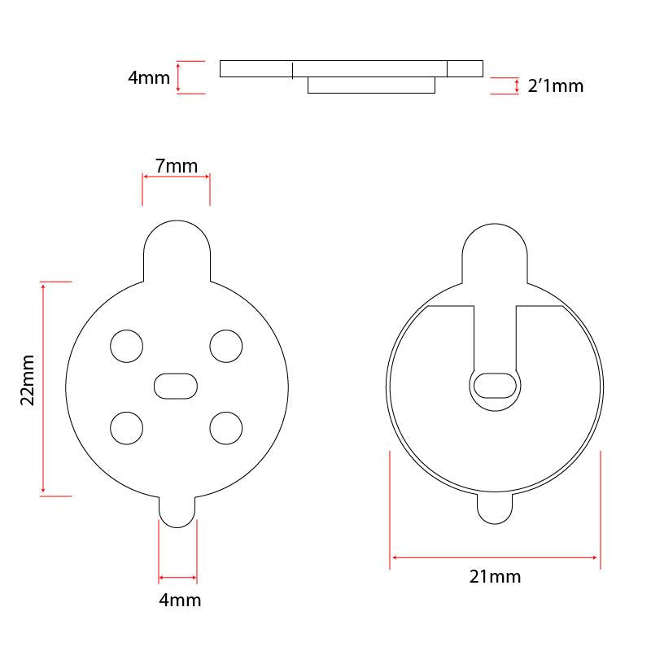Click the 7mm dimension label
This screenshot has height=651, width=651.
(x=177, y=167)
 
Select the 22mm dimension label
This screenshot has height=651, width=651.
(x=27, y=380)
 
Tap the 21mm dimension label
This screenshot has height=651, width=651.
(x=495, y=577)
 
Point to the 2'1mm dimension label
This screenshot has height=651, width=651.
(x=556, y=85)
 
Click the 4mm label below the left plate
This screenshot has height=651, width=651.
(x=178, y=601)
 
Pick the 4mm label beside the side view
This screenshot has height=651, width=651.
(x=149, y=78)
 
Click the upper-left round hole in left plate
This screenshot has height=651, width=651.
(x=126, y=346)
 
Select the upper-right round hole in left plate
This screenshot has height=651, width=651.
(x=226, y=346)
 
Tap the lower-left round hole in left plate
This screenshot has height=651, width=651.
(x=126, y=427)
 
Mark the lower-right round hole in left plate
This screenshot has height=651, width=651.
(x=226, y=427)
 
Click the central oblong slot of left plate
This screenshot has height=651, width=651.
(x=175, y=386)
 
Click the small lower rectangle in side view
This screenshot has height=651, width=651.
(x=371, y=85)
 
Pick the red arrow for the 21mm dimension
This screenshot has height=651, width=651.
(x=495, y=557)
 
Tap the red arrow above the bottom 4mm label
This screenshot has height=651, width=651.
(x=177, y=578)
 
